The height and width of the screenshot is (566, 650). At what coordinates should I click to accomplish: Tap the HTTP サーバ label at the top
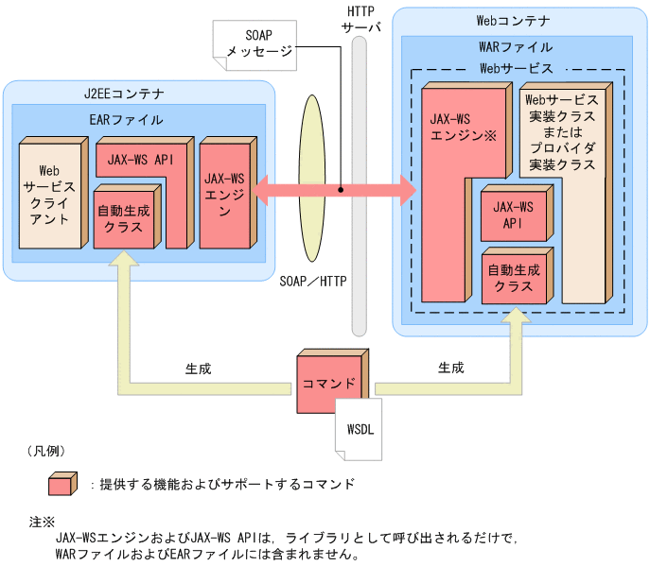click(360, 19)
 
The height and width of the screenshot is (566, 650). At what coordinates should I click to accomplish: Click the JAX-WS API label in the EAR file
click(138, 160)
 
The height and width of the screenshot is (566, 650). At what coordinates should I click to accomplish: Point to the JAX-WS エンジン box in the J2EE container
click(224, 194)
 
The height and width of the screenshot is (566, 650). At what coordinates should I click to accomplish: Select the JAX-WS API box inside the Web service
click(515, 214)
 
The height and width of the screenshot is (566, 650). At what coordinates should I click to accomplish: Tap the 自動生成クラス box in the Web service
click(515, 277)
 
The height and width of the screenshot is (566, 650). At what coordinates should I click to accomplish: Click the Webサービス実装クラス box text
click(561, 132)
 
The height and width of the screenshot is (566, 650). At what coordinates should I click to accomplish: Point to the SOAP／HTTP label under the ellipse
click(313, 281)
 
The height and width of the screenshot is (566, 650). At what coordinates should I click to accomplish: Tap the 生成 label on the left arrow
click(199, 368)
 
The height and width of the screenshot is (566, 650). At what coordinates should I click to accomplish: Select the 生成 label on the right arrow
click(450, 368)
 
